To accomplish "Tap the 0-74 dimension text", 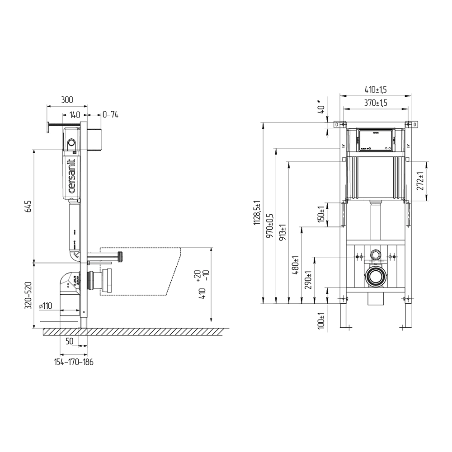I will tap(110, 115).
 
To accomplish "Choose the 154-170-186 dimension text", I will tap(74, 362).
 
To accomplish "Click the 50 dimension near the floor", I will tap(70, 341).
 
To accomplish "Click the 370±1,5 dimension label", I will tap(375, 103).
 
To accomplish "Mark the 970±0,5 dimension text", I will tap(270, 226).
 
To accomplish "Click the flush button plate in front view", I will tap(375, 140).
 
